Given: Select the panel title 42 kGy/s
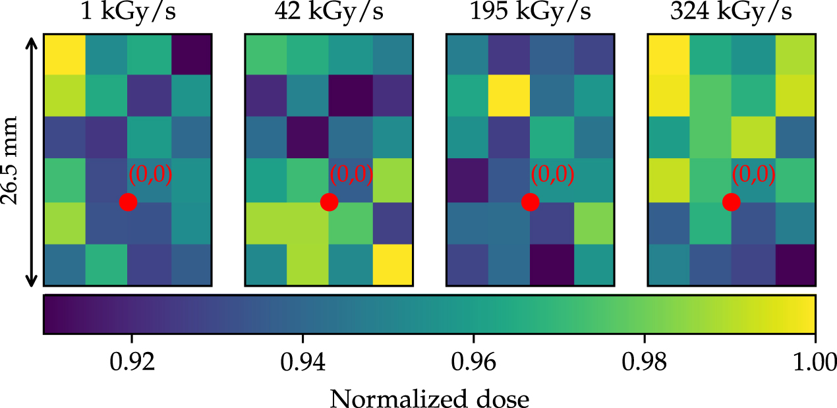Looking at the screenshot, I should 329,13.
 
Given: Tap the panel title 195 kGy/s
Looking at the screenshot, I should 531,13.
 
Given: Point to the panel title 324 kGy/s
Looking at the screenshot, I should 732,13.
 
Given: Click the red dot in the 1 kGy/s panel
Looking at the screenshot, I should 129,202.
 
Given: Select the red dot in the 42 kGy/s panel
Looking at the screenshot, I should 329,202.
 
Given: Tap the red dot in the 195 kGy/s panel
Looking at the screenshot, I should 530,202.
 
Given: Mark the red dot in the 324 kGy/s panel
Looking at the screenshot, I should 731,202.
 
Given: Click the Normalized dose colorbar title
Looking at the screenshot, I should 429,397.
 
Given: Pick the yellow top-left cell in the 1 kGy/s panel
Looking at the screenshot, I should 65,54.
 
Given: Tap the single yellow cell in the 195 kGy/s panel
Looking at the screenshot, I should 509,96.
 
